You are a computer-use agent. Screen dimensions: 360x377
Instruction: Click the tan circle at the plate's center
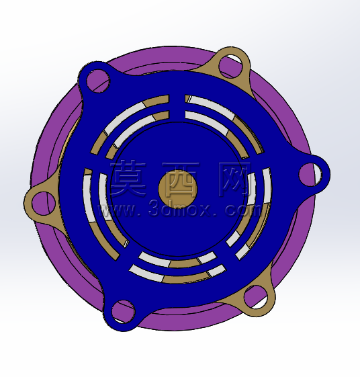178,188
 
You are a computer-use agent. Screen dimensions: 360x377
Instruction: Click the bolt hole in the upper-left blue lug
98,81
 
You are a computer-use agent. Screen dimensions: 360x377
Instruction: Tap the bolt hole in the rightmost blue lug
310,175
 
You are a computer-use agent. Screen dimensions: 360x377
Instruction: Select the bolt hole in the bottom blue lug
124,312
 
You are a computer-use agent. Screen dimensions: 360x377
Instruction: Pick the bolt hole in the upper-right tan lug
231,66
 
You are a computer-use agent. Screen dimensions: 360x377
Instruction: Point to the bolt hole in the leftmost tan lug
44,204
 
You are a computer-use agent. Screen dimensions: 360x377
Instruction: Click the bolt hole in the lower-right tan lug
256,297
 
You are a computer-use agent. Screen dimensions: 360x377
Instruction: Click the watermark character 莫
128,178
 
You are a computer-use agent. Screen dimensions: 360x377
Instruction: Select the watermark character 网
234,178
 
